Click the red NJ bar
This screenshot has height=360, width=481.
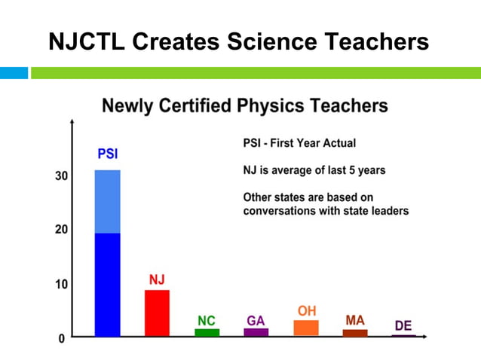tap(157, 313)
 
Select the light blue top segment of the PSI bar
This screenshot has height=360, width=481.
tap(107, 202)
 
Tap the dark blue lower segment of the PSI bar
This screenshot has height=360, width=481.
tap(107, 284)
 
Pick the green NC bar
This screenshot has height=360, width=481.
tap(207, 332)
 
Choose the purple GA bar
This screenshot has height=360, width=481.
tap(256, 332)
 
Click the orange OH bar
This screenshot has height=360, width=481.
tap(306, 328)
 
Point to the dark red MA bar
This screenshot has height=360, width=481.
tap(355, 332)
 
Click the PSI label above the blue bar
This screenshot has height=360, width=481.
tap(107, 154)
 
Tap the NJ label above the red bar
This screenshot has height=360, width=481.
tap(157, 279)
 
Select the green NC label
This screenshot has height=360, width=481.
tap(207, 321)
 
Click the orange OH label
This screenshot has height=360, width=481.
tap(306, 310)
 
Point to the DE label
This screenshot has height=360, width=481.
tap(403, 325)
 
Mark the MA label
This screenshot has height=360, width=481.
tap(355, 320)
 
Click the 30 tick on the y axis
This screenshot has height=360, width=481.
tap(60, 176)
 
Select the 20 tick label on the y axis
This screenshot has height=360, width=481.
tap(60, 230)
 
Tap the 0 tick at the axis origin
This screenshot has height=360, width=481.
tap(62, 339)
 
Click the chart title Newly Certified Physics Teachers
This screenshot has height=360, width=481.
tap(245, 105)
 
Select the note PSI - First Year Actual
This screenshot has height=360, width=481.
tap(299, 143)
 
